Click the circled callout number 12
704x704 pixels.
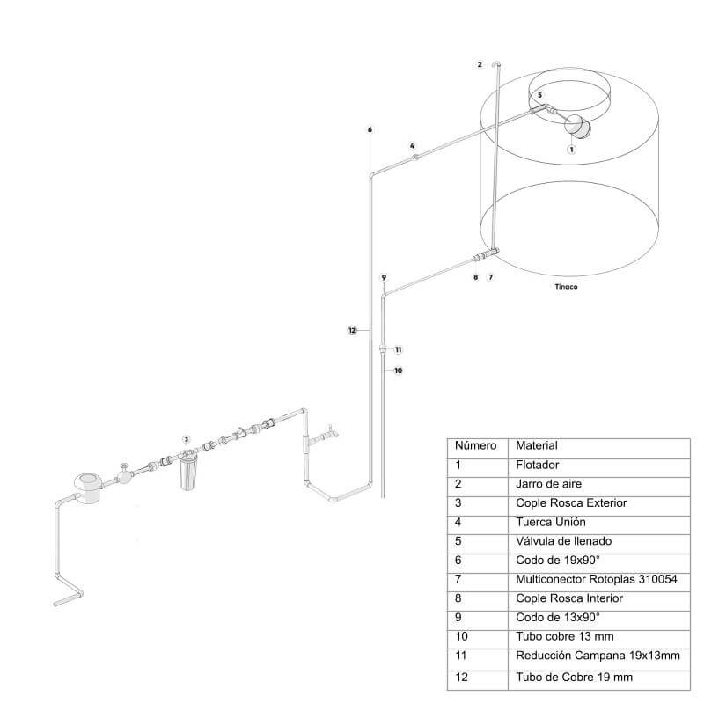coord(352,331)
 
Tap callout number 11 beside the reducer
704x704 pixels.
coord(399,349)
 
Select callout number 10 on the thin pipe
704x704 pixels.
coord(399,370)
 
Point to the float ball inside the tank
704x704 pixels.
coord(577,126)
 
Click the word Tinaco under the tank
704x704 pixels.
coord(566,287)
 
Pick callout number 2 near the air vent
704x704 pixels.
coord(480,64)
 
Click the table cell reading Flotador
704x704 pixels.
coord(538,465)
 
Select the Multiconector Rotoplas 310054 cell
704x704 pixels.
coord(597,579)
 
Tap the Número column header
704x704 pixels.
coord(475,445)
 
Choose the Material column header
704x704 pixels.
coord(537,445)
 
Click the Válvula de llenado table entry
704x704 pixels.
coord(563,541)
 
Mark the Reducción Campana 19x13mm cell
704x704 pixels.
coord(598,656)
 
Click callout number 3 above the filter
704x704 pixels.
coord(186,439)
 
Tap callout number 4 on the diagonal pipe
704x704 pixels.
coord(412,146)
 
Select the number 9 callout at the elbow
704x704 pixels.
coord(384,277)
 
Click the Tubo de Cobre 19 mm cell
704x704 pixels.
coord(575,677)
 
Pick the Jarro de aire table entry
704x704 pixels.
coord(548,483)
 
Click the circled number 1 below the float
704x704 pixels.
coord(571,150)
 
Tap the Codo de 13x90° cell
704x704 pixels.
coord(558,618)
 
